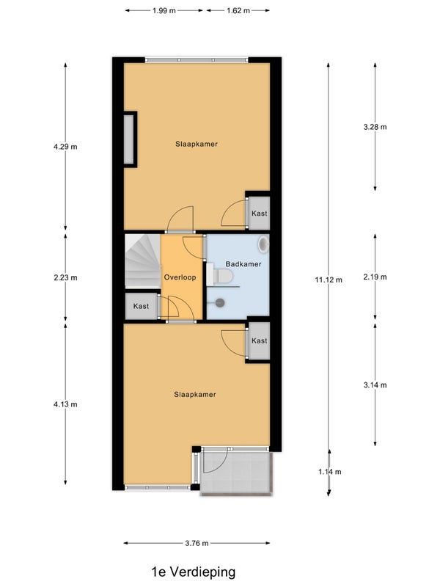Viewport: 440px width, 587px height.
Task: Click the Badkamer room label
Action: tap(243, 264)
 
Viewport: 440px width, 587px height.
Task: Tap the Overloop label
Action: tap(180, 277)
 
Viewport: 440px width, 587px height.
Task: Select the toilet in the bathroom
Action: tap(224, 277)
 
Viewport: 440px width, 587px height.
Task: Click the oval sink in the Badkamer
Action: tap(264, 244)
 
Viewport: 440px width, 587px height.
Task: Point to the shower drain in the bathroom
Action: tap(220, 302)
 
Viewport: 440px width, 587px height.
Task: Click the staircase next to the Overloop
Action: tap(142, 261)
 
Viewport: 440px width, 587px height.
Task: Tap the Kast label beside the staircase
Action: tap(141, 306)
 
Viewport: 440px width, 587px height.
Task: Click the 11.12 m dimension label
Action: tap(329, 280)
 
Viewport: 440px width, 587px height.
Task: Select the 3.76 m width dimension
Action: tap(197, 543)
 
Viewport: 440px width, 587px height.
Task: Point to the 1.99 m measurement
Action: tap(164, 10)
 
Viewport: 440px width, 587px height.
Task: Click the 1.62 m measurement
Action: tap(238, 10)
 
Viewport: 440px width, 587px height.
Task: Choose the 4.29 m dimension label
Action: tap(65, 147)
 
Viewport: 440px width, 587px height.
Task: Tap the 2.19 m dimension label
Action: tap(375, 277)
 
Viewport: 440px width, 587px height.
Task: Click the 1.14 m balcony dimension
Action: tap(329, 472)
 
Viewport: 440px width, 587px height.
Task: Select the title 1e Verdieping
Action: tap(194, 572)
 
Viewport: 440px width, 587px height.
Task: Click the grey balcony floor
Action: tap(236, 473)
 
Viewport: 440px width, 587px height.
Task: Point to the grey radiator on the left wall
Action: tap(129, 139)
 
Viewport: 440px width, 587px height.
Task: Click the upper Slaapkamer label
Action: tap(197, 144)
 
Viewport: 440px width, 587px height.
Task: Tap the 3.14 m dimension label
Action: tap(375, 384)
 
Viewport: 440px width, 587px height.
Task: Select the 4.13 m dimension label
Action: tap(65, 404)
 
